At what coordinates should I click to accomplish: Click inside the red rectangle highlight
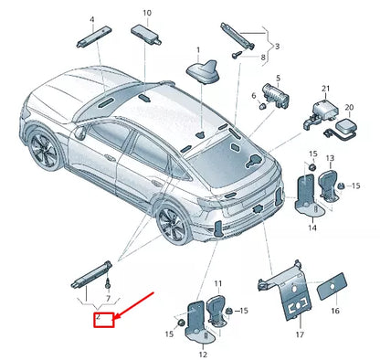pos(104,319)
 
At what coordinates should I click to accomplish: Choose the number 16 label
pos(333,311)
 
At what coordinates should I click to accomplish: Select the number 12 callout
pos(203,353)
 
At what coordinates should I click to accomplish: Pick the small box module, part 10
pos(148,33)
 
